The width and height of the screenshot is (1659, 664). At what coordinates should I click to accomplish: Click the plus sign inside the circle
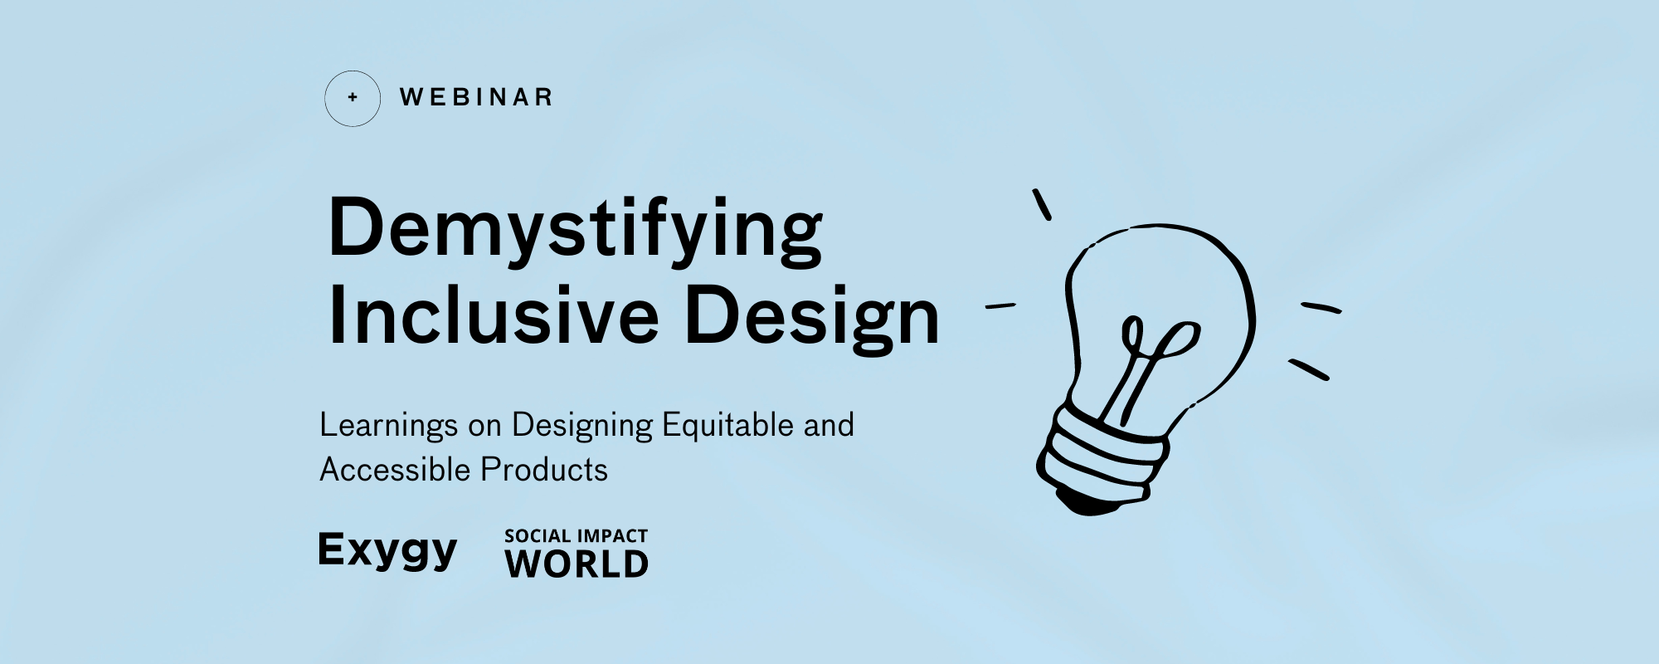(353, 98)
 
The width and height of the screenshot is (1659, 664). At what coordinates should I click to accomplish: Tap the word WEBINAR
(476, 98)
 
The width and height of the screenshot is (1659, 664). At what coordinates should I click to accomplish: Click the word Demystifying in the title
(575, 229)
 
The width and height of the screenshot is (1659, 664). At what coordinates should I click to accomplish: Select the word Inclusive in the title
(494, 316)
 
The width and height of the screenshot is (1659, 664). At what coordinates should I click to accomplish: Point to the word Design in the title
(812, 318)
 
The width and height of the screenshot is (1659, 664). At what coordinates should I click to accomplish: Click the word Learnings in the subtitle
(388, 426)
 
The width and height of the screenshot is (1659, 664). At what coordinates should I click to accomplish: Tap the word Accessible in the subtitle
(395, 470)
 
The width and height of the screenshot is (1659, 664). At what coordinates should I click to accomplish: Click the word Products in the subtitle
(544, 470)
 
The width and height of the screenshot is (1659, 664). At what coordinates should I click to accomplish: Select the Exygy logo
(387, 551)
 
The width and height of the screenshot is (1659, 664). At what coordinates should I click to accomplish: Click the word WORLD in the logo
(577, 565)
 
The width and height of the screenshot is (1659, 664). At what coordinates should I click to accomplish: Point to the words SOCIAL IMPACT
(576, 536)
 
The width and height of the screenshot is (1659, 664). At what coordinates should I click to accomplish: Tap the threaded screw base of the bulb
(1103, 456)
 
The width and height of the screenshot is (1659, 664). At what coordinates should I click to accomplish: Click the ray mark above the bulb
(1042, 204)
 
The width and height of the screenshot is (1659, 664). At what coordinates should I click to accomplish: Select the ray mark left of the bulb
(1000, 306)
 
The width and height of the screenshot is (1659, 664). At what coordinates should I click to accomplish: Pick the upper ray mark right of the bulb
(1321, 308)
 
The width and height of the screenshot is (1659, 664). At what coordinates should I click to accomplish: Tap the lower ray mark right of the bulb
(1309, 369)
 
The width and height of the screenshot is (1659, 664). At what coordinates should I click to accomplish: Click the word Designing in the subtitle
(582, 426)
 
